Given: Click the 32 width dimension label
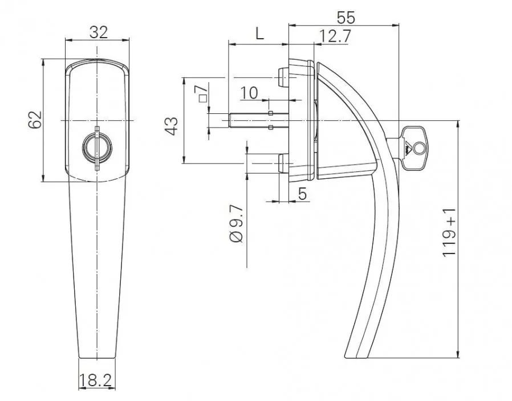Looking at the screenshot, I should (98, 32).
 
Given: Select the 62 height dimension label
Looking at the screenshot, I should (35, 120).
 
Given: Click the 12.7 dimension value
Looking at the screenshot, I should (335, 35).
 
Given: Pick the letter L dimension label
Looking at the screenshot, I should (259, 34).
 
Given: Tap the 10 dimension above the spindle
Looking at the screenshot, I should (249, 92).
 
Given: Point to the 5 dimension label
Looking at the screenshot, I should (302, 194).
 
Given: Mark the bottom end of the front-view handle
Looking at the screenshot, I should (96, 357).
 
